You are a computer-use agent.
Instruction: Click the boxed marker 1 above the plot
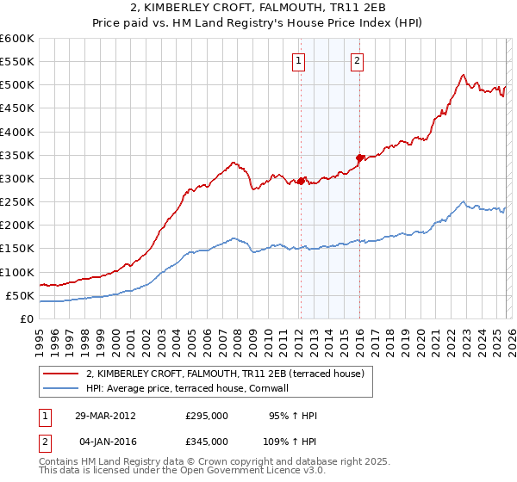[x=298, y=60]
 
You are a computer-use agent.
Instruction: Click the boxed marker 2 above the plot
[x=357, y=60]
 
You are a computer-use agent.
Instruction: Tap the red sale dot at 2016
[x=359, y=158]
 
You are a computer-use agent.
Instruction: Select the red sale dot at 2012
[x=301, y=181]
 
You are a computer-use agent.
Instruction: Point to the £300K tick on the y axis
[x=17, y=179]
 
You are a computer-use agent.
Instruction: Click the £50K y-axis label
[x=20, y=296]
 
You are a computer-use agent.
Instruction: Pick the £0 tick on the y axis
[x=28, y=319]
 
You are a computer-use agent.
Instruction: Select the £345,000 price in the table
[x=207, y=440]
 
